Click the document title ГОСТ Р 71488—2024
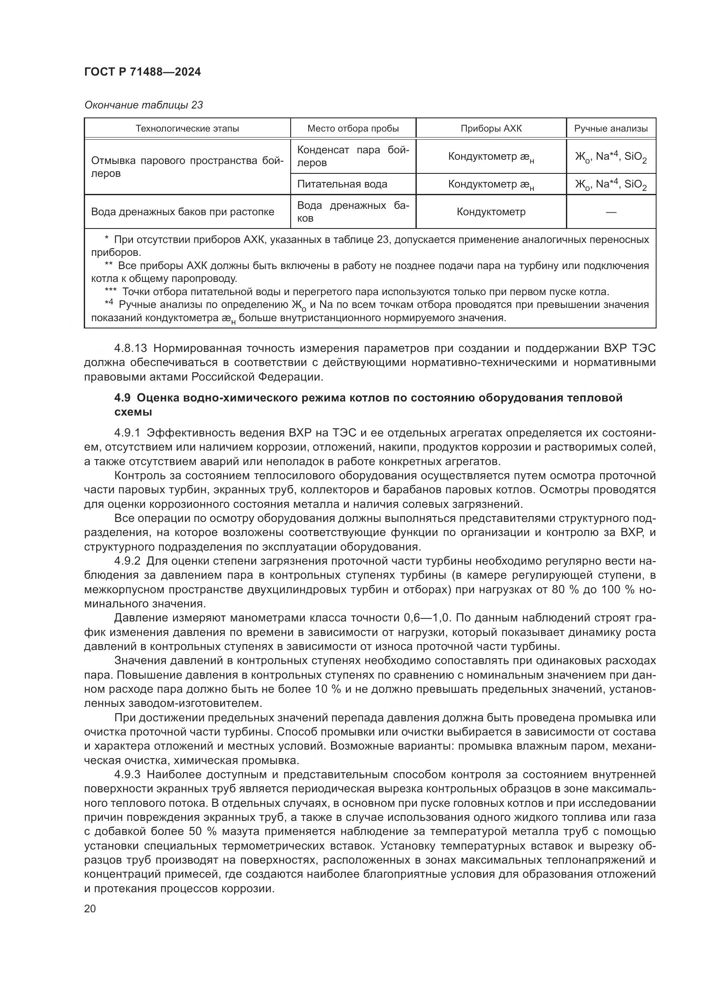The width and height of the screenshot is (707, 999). (x=142, y=72)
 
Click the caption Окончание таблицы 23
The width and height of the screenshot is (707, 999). (x=143, y=105)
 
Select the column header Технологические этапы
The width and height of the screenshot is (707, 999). (x=187, y=129)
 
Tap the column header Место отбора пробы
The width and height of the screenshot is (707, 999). (x=353, y=129)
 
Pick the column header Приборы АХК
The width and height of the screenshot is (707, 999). (x=491, y=129)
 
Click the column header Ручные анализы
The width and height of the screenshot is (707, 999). (x=611, y=129)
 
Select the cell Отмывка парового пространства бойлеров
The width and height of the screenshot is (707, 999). (x=187, y=167)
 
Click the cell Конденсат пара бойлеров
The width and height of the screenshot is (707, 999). (x=353, y=156)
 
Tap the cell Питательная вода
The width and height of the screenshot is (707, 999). (x=342, y=184)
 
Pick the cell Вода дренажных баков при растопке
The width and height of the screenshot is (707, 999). (x=183, y=212)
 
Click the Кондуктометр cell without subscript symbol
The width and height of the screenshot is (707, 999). (x=491, y=212)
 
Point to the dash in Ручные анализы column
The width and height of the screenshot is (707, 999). (x=611, y=212)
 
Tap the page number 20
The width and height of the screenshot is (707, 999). (x=90, y=909)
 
